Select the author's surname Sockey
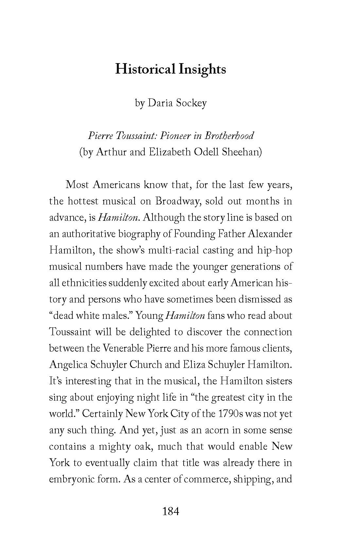(x=191, y=103)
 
